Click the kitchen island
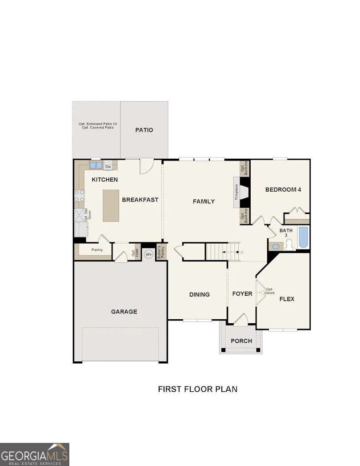click(x=111, y=205)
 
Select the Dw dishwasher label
click(x=108, y=167)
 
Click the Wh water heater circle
click(x=148, y=254)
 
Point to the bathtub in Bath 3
click(x=303, y=237)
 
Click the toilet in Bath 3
click(x=289, y=244)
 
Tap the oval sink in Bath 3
click(x=276, y=246)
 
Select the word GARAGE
click(x=124, y=312)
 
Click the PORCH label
click(x=241, y=341)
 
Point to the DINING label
click(x=199, y=294)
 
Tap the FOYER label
click(x=242, y=294)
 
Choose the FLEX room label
click(x=287, y=299)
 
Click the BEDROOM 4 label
click(x=283, y=189)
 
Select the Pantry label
click(x=97, y=250)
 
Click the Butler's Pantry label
click(x=161, y=252)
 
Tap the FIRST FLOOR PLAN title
click(x=198, y=389)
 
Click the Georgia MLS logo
click(x=35, y=454)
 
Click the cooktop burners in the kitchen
click(x=80, y=196)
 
